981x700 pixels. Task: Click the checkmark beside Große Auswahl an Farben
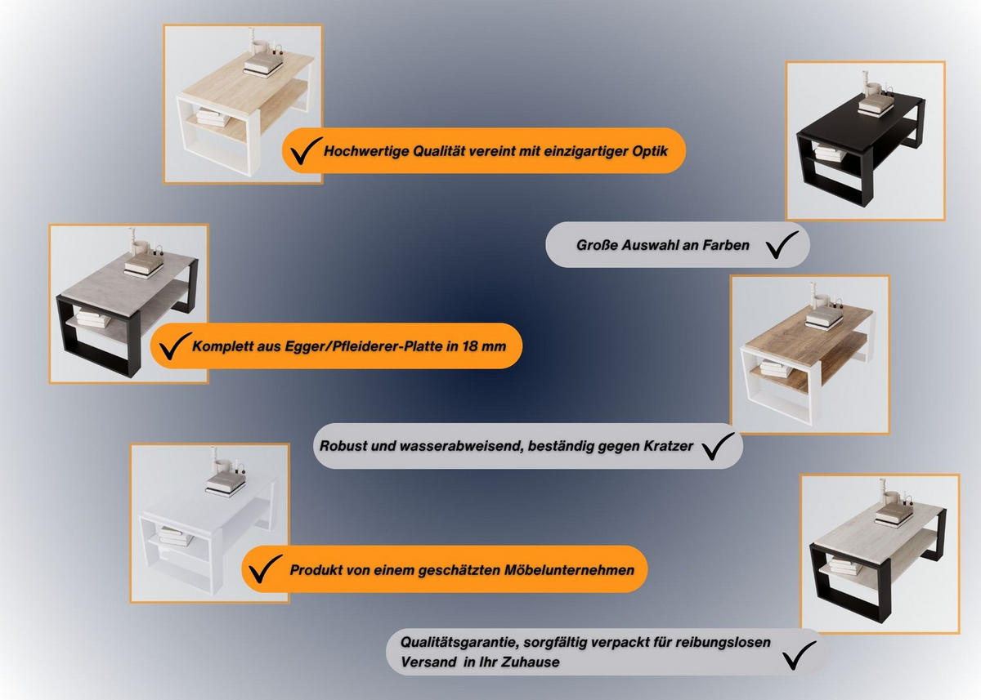coord(782,244)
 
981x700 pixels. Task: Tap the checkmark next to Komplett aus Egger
coord(176,346)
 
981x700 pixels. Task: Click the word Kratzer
coord(669,446)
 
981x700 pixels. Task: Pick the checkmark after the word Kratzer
coord(718,446)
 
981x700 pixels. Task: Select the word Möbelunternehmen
coord(569,570)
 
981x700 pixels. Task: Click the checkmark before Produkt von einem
coord(266,568)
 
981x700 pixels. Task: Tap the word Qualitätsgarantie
coord(459,643)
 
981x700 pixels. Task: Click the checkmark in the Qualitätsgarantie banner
coord(800,655)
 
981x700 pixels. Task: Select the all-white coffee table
coord(208,528)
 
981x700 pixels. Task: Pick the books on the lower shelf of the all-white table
coord(176,536)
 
